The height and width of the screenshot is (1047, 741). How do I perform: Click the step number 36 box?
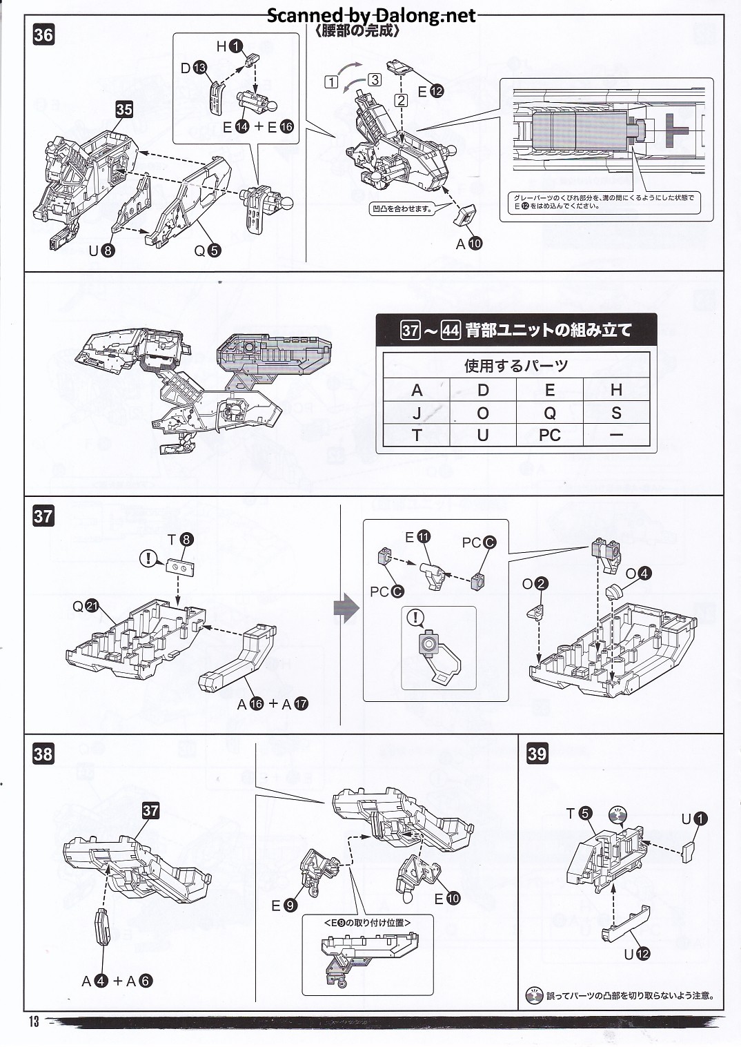43,35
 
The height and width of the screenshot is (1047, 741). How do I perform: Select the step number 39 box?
537,753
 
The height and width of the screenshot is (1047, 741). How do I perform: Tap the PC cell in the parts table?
549,436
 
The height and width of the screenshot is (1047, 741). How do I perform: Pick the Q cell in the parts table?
549,413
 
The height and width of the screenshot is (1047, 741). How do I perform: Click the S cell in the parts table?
616,413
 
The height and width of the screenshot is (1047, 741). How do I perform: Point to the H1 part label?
230,46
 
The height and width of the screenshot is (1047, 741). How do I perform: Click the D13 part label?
194,68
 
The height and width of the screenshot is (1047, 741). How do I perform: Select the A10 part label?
468,243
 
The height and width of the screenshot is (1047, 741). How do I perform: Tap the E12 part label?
430,90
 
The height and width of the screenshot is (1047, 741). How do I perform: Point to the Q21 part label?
86,607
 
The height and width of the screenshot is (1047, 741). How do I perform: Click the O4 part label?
638,573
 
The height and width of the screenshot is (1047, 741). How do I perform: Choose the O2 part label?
534,584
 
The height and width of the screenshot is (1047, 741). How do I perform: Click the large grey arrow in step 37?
346,608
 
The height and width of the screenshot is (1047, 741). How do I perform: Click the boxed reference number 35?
124,109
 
